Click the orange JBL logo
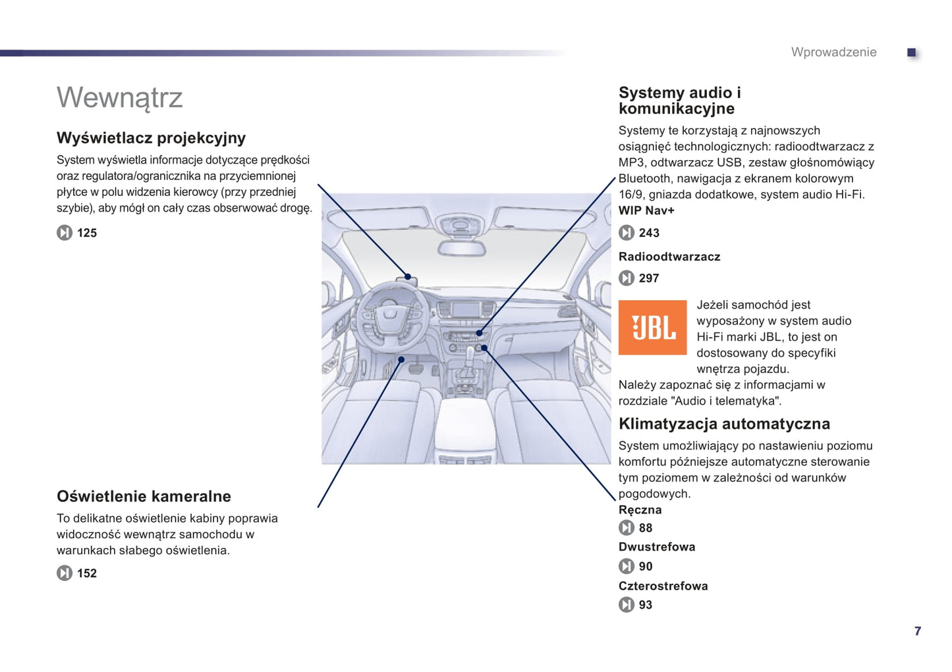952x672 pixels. tap(652, 327)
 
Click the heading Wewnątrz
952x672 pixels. tap(119, 98)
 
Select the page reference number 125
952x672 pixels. tap(86, 233)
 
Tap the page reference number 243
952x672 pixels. tap(648, 233)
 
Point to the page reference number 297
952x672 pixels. tap(648, 278)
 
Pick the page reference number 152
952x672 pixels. tap(86, 573)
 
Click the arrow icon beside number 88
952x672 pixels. tap(626, 528)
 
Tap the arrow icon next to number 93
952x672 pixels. tap(626, 605)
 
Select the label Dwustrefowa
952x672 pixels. tap(656, 547)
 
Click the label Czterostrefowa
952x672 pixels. tap(663, 586)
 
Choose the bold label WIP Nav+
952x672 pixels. tap(646, 210)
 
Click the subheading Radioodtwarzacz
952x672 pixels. tap(669, 257)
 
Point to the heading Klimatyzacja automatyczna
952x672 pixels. tap(723, 423)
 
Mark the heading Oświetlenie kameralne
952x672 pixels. tap(144, 496)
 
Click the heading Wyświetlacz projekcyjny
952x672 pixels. tap(151, 138)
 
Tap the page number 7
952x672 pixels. tap(917, 631)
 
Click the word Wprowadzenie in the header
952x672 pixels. tap(833, 52)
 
